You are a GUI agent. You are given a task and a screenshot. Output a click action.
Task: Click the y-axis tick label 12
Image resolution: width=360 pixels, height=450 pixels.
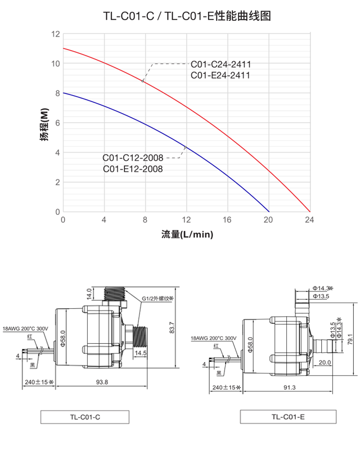(x=55, y=34)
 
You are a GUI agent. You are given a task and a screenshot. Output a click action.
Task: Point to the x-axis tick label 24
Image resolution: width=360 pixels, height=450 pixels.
(x=308, y=220)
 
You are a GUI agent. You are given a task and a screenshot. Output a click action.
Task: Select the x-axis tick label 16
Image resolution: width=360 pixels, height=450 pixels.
(x=227, y=220)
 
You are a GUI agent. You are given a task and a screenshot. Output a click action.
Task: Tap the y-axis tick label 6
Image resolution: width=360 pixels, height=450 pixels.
(x=57, y=123)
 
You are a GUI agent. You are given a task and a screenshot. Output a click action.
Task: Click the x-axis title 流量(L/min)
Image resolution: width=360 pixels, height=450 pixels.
(x=187, y=234)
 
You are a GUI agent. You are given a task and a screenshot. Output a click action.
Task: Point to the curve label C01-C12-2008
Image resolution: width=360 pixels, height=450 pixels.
(x=133, y=157)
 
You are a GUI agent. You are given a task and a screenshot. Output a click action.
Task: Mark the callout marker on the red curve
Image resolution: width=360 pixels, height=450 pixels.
(x=143, y=81)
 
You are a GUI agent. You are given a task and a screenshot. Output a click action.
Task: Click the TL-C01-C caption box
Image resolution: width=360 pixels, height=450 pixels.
(x=85, y=417)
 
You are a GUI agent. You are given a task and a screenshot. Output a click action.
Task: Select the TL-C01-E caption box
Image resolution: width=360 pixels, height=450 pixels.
(x=288, y=417)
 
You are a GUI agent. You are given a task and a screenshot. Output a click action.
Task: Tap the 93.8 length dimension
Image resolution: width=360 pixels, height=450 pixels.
(x=102, y=382)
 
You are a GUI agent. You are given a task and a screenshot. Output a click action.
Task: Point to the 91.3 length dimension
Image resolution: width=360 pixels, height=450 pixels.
(x=289, y=388)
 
